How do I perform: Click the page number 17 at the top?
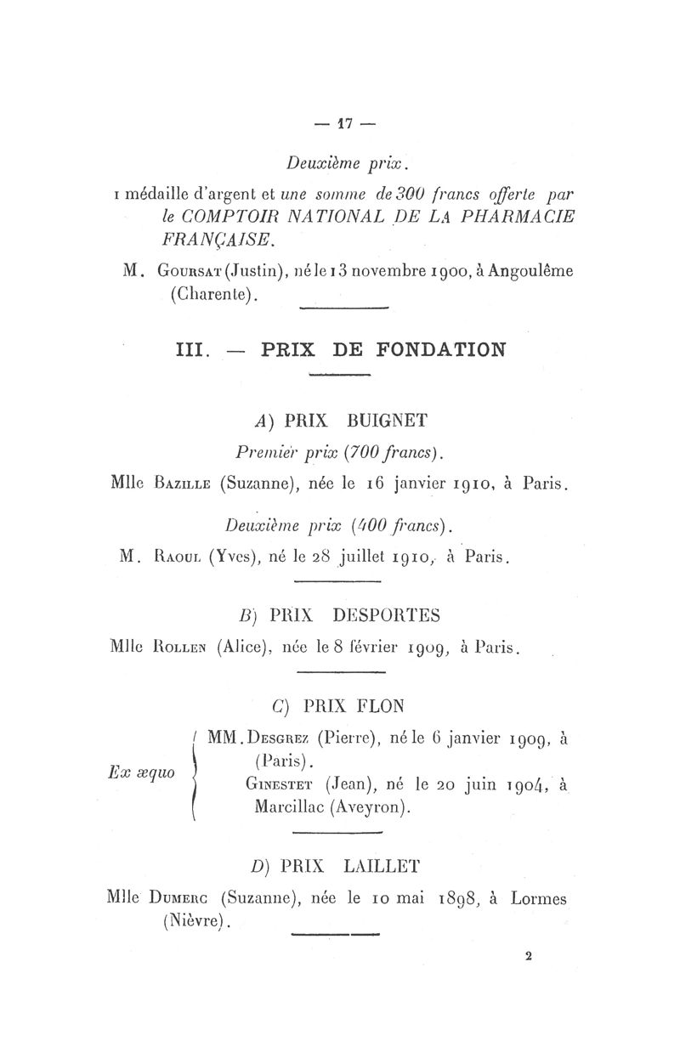click(344, 123)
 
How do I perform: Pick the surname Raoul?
click(174, 557)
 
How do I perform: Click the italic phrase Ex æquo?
click(143, 772)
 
